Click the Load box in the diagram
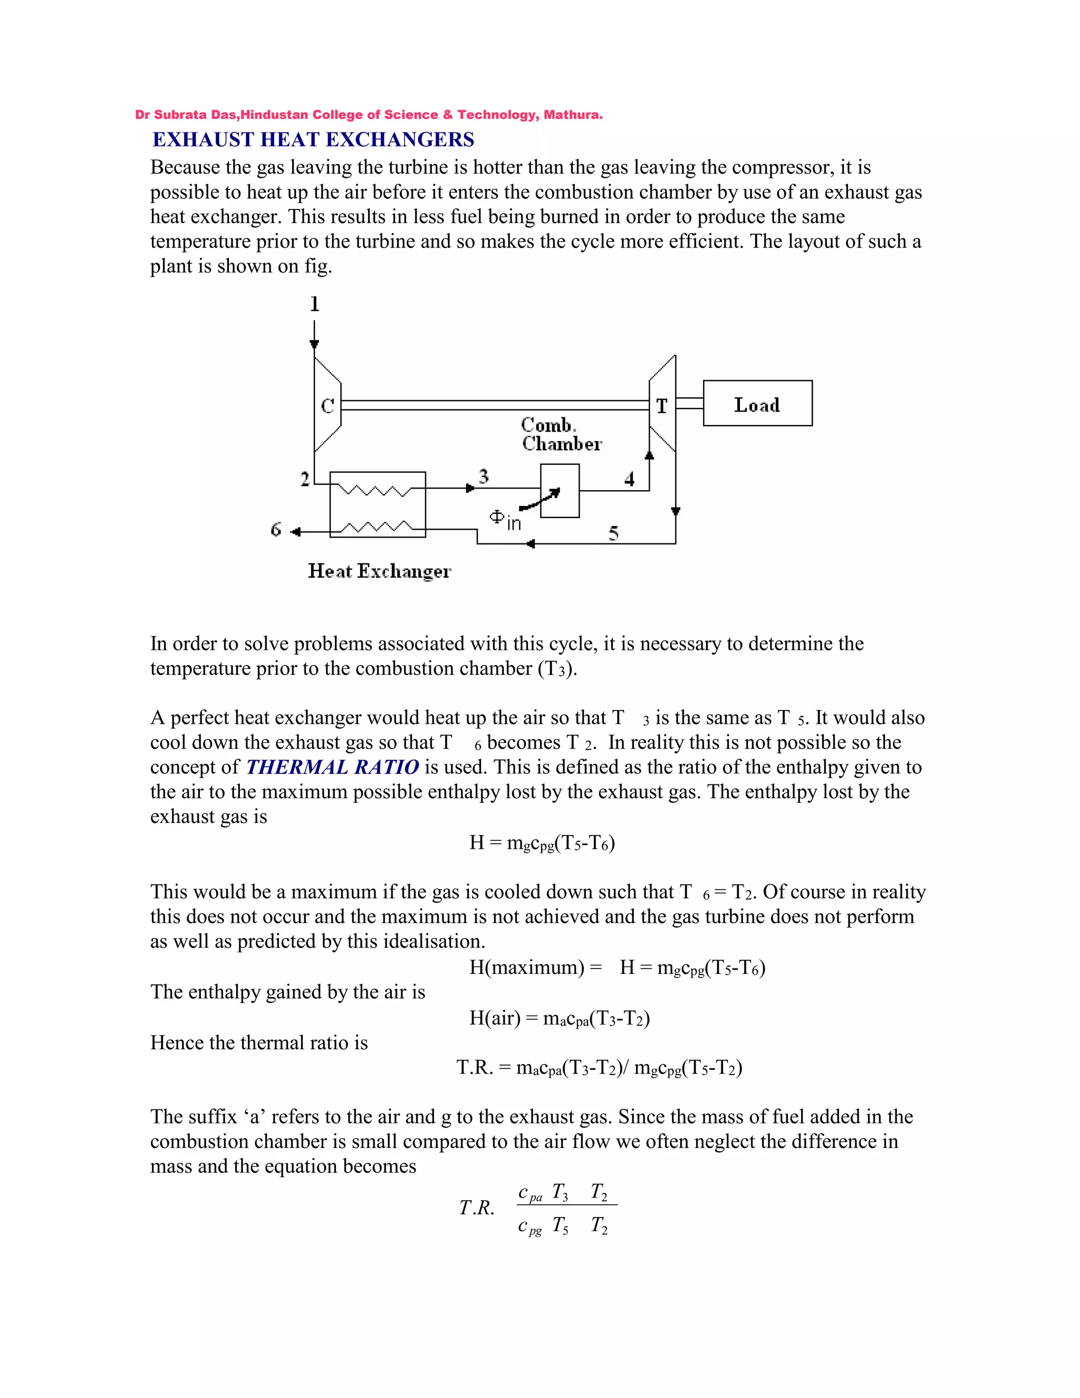[x=758, y=403]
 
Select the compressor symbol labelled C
[x=327, y=405]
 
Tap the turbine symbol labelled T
[x=662, y=405]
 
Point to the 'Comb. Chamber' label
[x=561, y=434]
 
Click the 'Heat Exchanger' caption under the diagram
[x=379, y=570]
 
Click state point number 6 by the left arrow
[x=276, y=529]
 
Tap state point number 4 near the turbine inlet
[x=630, y=479]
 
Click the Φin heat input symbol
[x=505, y=520]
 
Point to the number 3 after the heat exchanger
[x=483, y=476]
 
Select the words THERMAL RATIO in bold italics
[x=333, y=767]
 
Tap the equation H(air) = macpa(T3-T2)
[x=559, y=1018]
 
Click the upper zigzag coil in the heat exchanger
[x=375, y=491]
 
